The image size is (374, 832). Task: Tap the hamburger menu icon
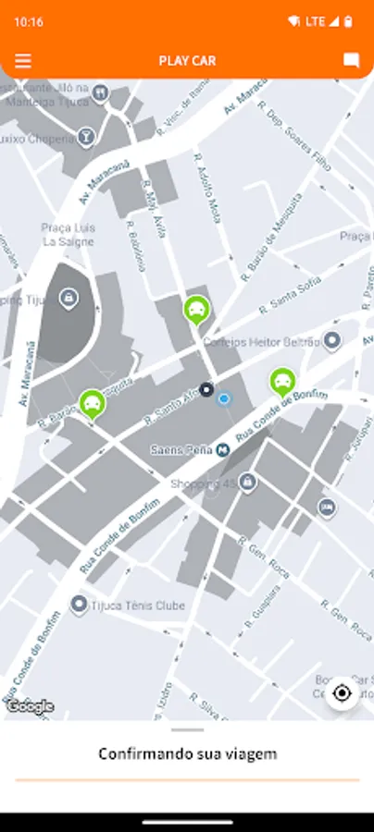click(23, 61)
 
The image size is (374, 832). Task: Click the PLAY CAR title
click(187, 61)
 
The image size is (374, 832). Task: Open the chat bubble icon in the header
click(351, 61)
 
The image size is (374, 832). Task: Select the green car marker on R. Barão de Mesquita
click(92, 403)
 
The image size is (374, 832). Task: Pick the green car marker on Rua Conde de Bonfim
click(281, 381)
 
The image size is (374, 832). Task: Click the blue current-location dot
click(223, 398)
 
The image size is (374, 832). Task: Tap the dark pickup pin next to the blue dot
click(206, 389)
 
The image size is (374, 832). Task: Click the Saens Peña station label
click(182, 450)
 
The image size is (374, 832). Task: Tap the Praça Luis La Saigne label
click(69, 234)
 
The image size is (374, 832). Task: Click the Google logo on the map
click(30, 706)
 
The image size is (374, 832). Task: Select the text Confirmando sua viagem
click(187, 754)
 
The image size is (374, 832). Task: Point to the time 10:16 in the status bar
click(29, 20)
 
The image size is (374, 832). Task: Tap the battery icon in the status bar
click(348, 20)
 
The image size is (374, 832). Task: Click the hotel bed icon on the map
click(326, 507)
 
